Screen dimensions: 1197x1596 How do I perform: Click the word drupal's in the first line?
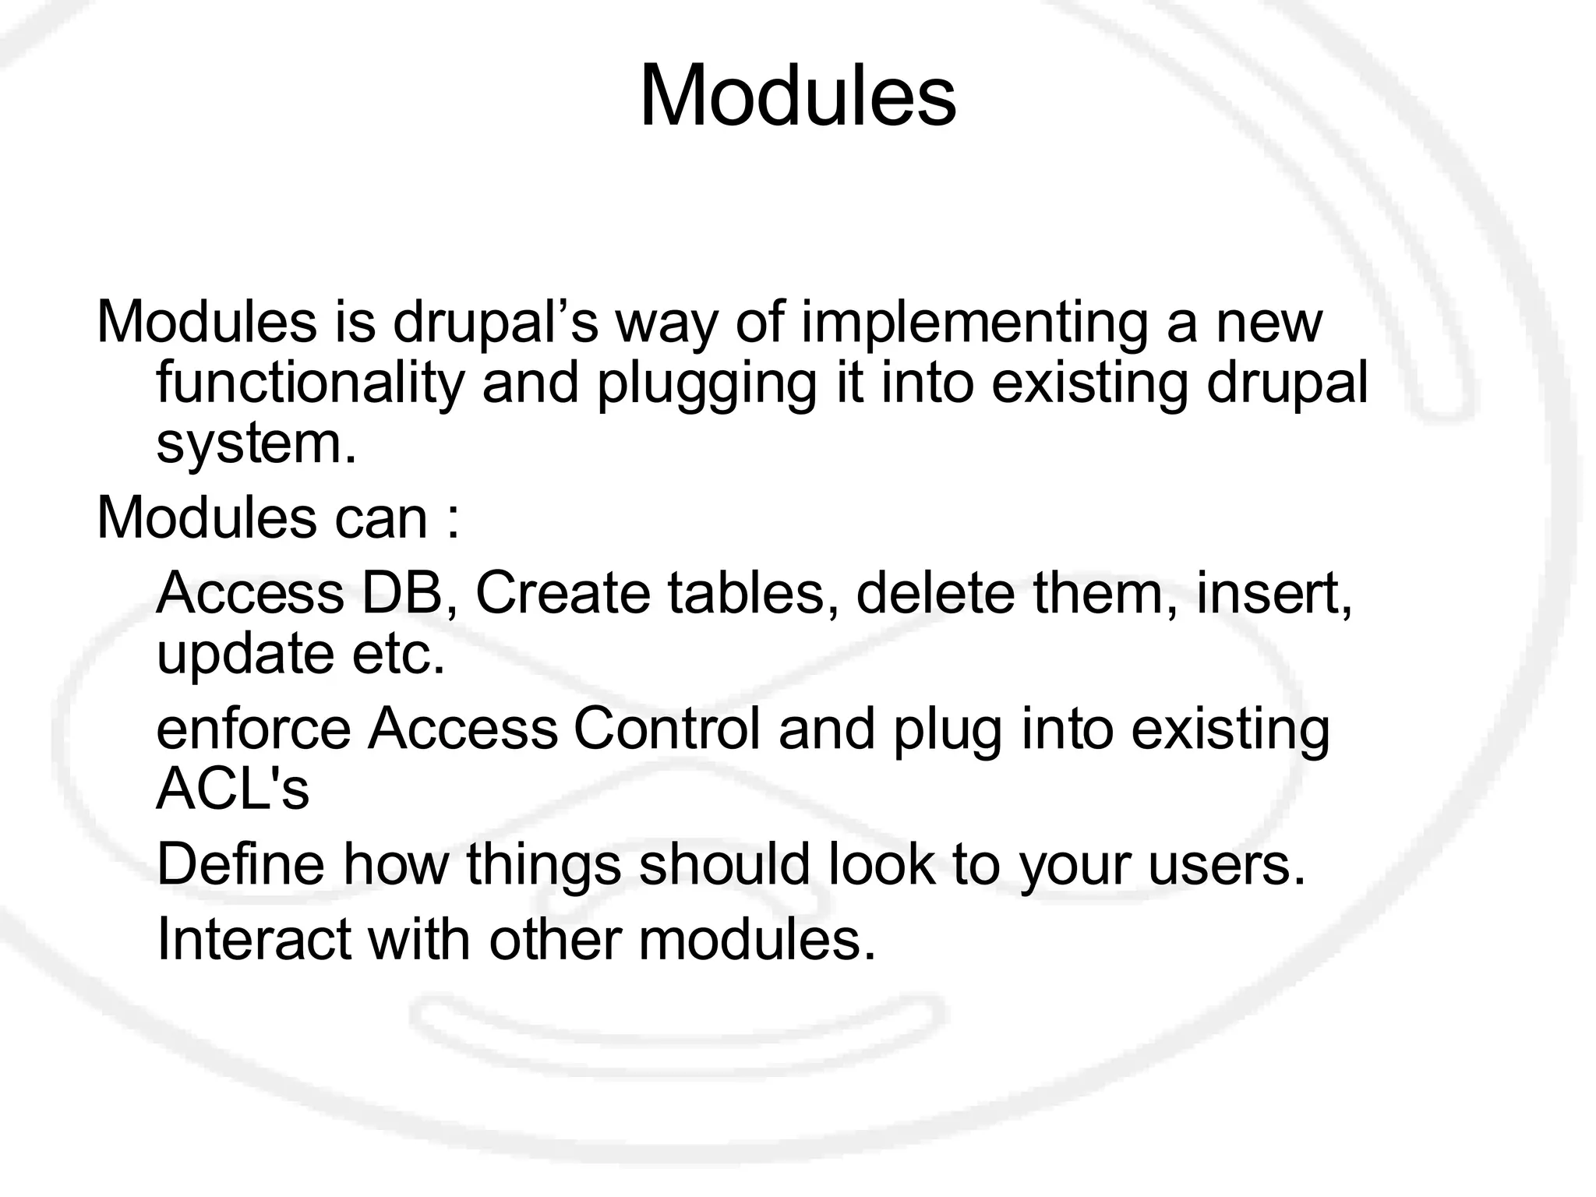point(496,322)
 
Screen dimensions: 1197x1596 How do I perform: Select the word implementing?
point(974,323)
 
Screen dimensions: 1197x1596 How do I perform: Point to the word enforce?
point(253,729)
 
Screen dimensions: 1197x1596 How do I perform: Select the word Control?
point(666,729)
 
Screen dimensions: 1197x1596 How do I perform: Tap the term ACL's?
point(233,789)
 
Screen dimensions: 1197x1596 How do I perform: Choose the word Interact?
point(253,940)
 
